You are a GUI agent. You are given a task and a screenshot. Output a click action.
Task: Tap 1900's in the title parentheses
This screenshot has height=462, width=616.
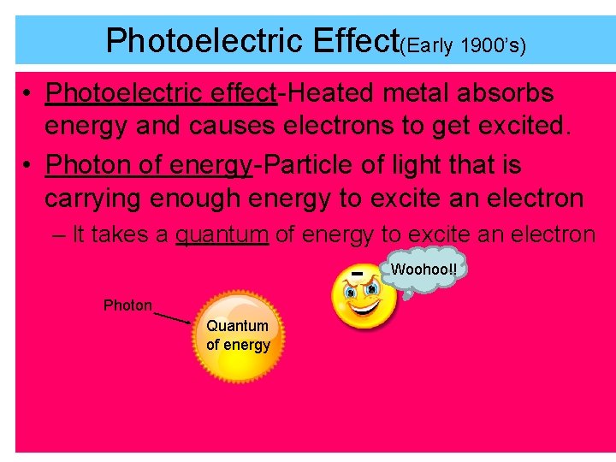(x=492, y=45)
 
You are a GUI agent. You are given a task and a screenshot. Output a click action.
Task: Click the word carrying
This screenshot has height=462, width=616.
(x=92, y=198)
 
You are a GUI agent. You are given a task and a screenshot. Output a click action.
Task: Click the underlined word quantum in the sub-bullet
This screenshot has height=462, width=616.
(x=222, y=234)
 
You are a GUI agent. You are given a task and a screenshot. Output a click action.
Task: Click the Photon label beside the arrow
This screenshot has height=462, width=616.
(x=127, y=305)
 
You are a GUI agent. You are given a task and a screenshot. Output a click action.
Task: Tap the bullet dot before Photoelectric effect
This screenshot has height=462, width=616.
(x=28, y=92)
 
